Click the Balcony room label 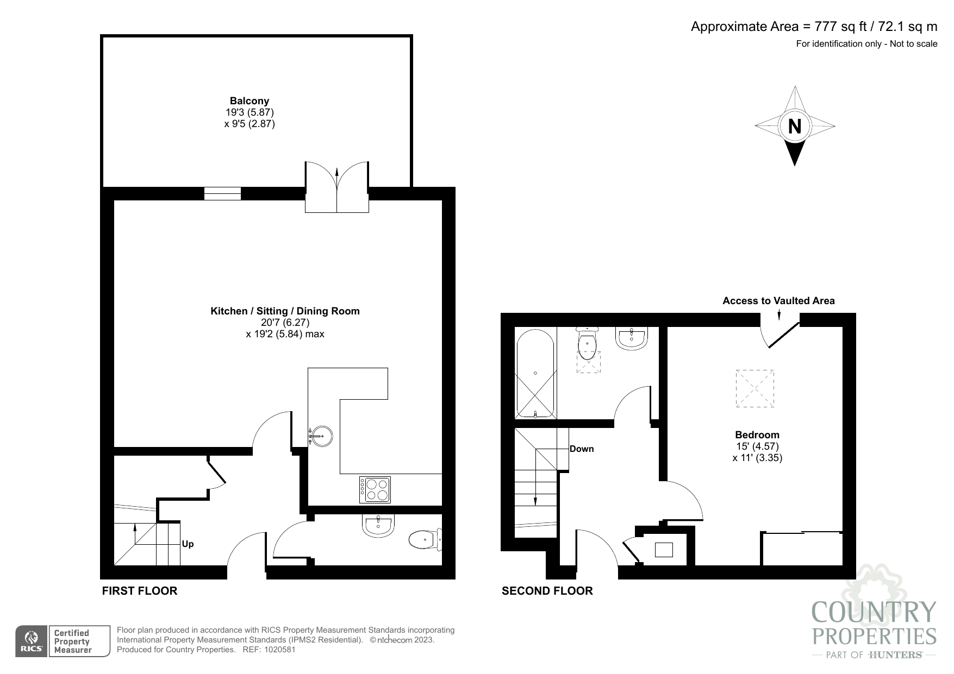click(250, 101)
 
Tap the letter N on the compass click(795, 126)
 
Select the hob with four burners click(375, 489)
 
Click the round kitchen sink click(321, 436)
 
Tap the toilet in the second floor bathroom click(588, 344)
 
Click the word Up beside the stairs click(188, 544)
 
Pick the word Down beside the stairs click(582, 449)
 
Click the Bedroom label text click(757, 434)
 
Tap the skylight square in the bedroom click(755, 388)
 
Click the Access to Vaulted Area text click(778, 301)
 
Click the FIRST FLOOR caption click(140, 591)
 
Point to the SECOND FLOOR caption click(547, 591)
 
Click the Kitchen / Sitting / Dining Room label click(285, 311)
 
